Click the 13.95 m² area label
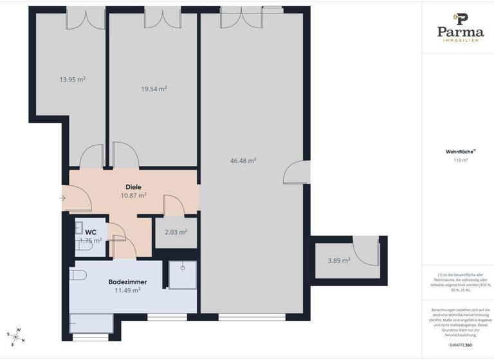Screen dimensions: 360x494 coord(73,80)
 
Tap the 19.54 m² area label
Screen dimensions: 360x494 coord(154,89)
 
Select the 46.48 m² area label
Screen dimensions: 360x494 coord(244,161)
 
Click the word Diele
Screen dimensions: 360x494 coord(133,186)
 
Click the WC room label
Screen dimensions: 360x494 coord(91,232)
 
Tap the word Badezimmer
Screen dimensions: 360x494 coord(127,282)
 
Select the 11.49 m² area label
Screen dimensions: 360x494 coord(127,290)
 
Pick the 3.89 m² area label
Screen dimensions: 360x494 coord(338,260)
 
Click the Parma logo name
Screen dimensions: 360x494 coord(460,32)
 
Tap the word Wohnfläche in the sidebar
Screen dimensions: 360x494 coord(459,152)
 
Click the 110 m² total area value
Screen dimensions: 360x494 coord(461,160)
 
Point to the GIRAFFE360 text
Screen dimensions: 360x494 coord(460,345)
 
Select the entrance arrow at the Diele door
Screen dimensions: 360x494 coord(62,197)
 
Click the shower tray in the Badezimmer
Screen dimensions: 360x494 coord(182,275)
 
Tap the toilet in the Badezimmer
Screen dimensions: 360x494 coord(78,275)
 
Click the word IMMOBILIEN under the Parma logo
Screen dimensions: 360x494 coord(460,41)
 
